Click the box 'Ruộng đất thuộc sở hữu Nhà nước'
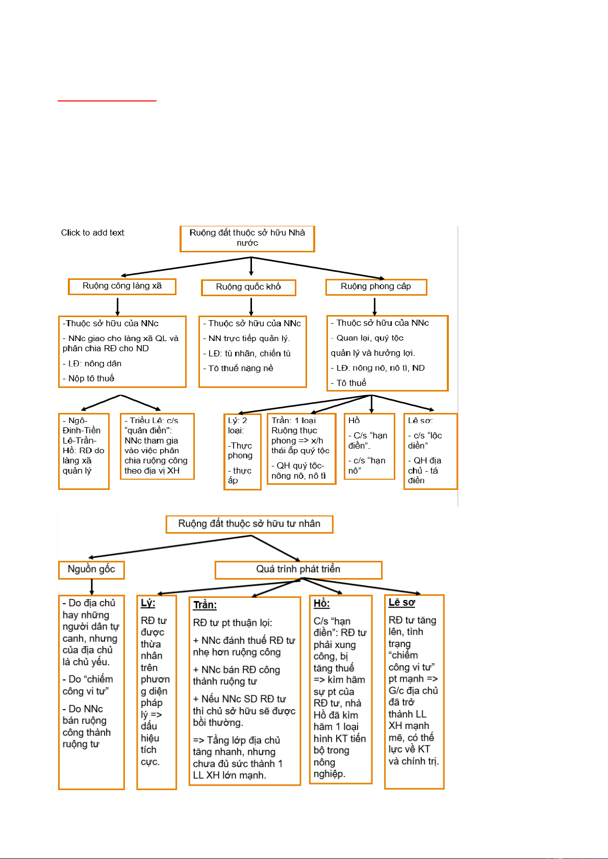(247, 239)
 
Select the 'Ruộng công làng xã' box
(122, 287)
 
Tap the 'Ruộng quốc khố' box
(248, 288)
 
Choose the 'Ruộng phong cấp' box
(376, 287)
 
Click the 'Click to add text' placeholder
(92, 233)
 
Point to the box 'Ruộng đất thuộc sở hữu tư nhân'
(249, 524)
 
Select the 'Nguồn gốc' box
(91, 569)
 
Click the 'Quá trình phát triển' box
(298, 569)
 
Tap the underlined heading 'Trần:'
(205, 605)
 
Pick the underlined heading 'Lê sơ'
(402, 603)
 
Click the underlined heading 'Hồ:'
(321, 604)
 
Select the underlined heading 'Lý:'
(148, 603)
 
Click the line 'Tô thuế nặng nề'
(241, 369)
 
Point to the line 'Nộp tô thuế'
(91, 378)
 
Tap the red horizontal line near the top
(107, 101)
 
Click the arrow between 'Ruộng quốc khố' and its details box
(251, 306)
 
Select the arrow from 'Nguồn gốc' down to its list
(92, 587)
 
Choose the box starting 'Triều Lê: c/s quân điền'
(157, 446)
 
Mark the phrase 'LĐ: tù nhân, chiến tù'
(249, 353)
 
